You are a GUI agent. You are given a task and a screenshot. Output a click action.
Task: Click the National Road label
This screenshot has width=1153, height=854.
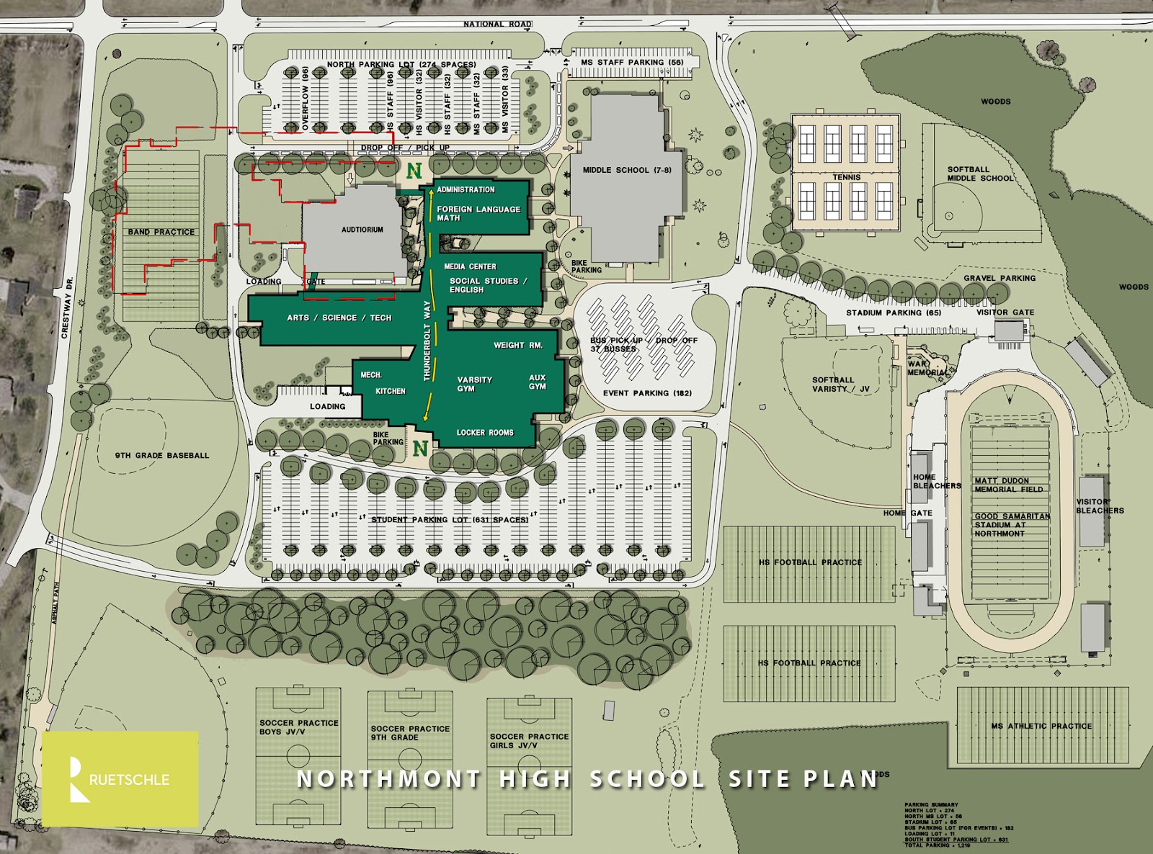[497, 24]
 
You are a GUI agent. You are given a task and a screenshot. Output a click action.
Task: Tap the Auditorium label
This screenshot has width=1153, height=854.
[362, 230]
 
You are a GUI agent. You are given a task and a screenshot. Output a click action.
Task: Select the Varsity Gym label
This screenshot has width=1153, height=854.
[474, 384]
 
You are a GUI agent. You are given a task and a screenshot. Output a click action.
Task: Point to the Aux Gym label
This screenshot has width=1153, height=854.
[538, 382]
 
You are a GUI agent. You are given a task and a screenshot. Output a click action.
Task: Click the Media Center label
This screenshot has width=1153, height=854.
[470, 266]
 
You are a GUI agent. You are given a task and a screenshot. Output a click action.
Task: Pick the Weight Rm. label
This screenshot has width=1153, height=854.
[517, 345]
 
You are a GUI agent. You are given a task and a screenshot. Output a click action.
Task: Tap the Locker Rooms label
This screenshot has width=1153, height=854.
[485, 433]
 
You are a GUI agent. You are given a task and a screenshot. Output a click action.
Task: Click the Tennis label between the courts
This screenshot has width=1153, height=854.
[847, 177]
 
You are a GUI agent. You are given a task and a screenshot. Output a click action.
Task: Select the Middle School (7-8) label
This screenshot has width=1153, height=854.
[626, 170]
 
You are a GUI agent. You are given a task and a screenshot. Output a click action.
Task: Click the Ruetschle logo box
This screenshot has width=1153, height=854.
[120, 778]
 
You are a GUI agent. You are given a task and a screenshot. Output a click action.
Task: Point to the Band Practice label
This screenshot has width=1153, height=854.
[161, 232]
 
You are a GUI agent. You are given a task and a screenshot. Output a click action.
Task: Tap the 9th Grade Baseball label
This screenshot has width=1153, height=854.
[162, 455]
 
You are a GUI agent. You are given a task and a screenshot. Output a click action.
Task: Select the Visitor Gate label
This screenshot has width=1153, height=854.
[1005, 312]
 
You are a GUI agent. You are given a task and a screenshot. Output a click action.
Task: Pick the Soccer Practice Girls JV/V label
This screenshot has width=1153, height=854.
[529, 741]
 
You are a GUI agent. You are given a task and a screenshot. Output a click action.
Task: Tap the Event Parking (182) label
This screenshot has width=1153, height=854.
[647, 393]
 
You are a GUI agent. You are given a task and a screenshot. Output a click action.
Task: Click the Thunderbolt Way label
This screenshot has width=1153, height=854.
[427, 340]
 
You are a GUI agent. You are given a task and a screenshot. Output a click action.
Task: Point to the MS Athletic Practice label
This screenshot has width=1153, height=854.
[1041, 726]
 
